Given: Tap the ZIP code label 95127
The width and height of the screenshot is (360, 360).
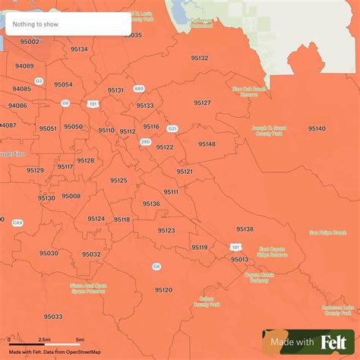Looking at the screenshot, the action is [x=202, y=102].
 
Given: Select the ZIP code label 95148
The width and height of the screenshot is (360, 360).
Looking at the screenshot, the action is [x=207, y=144].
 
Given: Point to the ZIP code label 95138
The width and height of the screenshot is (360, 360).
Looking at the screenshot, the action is [x=245, y=229].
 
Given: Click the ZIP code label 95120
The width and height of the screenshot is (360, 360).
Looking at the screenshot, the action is [x=163, y=289].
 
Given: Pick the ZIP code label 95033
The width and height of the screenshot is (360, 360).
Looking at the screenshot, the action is [x=53, y=316].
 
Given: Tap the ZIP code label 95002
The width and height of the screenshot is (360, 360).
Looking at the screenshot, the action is [x=30, y=42].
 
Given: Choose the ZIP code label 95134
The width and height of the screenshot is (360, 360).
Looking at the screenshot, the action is [x=78, y=49].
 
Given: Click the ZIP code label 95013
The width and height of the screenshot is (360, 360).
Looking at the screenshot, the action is [x=239, y=259].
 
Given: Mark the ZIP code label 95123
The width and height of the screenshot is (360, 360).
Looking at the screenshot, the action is [x=166, y=230].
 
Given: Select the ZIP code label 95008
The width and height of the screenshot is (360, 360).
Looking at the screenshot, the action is [x=71, y=196].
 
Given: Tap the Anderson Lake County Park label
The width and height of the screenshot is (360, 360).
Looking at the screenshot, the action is [x=337, y=310].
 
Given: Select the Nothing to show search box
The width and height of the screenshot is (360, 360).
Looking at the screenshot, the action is [x=68, y=24].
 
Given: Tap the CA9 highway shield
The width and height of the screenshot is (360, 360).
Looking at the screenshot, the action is [x=17, y=223].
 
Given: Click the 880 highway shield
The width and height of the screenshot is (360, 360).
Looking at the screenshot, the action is [x=138, y=89].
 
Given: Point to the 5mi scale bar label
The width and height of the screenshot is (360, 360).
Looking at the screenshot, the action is [x=79, y=339].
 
